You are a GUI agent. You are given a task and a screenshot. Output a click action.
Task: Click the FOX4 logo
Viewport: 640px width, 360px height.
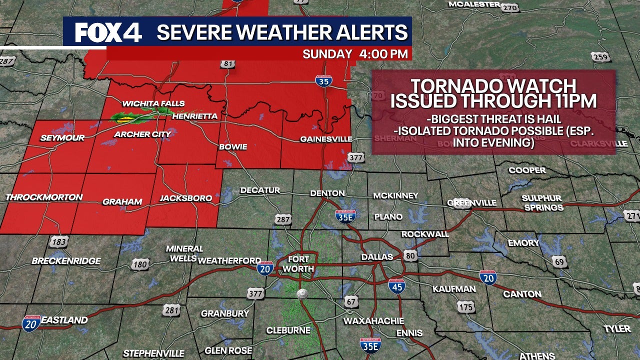[x=108, y=33]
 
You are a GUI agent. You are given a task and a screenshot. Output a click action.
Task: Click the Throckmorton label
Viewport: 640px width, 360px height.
[x=44, y=197]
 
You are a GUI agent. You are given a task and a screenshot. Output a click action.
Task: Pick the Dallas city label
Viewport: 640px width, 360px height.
[x=377, y=257]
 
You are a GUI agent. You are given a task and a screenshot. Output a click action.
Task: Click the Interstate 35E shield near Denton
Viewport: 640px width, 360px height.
[x=346, y=216]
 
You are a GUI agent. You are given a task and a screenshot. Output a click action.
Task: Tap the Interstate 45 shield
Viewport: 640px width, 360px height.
[x=396, y=286]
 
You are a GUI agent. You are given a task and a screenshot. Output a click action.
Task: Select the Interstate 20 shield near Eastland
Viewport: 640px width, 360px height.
[x=31, y=323]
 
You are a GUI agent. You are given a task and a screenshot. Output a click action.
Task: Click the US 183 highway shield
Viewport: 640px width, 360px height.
[x=58, y=242]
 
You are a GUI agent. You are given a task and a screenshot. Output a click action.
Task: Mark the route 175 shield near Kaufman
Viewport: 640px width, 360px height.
[x=466, y=307]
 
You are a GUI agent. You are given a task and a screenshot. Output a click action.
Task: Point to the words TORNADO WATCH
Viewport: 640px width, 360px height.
[x=493, y=85]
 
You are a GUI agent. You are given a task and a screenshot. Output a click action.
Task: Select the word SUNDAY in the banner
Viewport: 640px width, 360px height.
[x=327, y=54]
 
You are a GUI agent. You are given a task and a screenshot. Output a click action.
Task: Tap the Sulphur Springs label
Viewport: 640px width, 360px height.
[x=542, y=202]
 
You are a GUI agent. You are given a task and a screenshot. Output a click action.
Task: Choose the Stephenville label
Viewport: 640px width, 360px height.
[x=153, y=353]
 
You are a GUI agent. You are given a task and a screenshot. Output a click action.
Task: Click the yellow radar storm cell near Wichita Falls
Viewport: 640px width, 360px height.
[x=124, y=119]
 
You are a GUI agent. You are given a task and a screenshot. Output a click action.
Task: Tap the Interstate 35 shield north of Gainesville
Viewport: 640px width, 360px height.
[x=324, y=80]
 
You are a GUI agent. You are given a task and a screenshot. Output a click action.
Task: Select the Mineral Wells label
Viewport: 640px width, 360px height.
[x=184, y=253]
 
